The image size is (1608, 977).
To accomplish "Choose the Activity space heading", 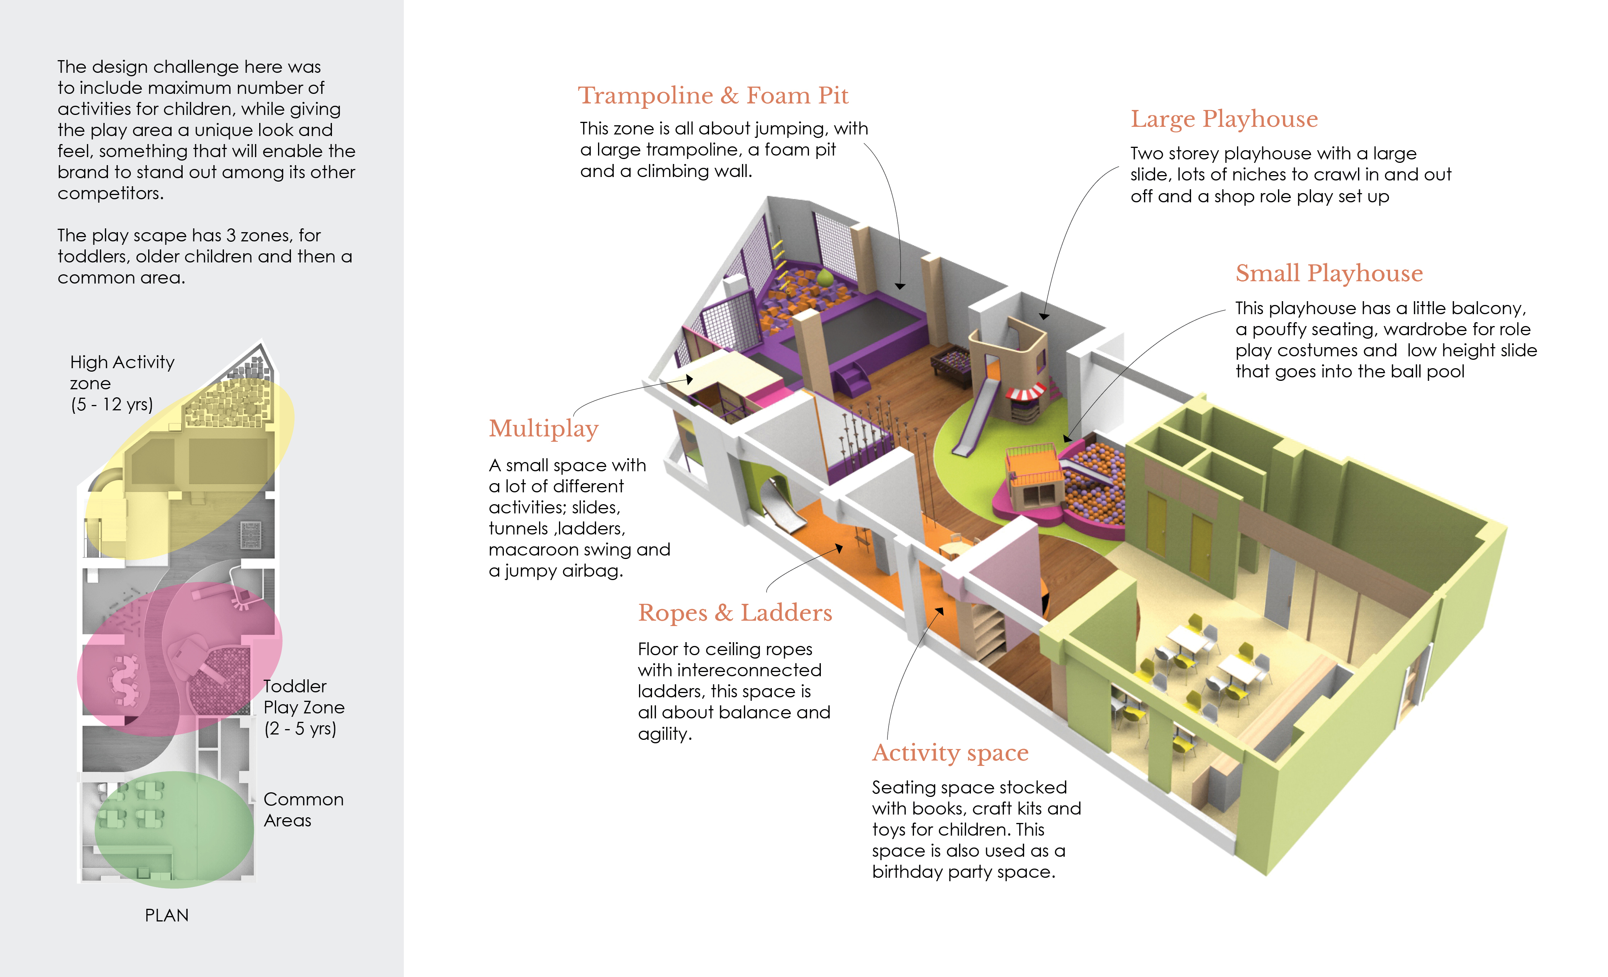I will pyautogui.click(x=950, y=752).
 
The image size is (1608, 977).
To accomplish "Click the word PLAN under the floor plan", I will pyautogui.click(x=167, y=916).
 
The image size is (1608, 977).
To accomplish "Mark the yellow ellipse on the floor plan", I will pyautogui.click(x=189, y=467).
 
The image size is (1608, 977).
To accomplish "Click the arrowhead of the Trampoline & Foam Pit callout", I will pyautogui.click(x=900, y=286).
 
